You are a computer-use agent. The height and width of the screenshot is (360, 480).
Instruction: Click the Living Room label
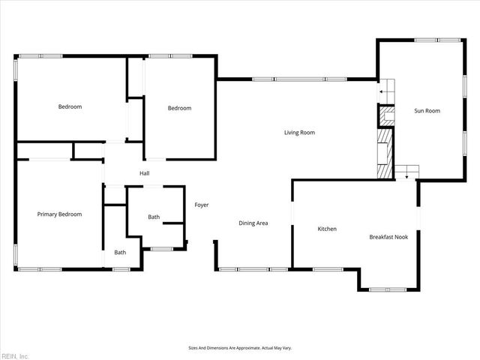(299, 133)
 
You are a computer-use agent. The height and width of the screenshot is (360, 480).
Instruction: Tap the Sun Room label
(427, 111)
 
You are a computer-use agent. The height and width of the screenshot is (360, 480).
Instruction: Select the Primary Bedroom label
(59, 214)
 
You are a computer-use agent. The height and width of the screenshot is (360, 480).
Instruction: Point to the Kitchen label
(327, 229)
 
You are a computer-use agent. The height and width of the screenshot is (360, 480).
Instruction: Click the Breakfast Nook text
(388, 237)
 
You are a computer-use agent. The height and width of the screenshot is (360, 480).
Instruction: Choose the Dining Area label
(253, 223)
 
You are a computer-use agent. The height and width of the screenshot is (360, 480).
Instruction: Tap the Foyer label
(202, 205)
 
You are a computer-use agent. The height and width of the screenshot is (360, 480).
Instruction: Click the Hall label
(145, 174)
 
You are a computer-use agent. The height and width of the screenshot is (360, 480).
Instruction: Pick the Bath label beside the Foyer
(154, 217)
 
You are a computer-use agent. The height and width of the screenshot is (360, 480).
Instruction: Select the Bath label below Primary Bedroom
(120, 252)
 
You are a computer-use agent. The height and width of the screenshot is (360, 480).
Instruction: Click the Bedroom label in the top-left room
(70, 106)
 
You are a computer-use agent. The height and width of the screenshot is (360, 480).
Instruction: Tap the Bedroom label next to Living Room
(179, 108)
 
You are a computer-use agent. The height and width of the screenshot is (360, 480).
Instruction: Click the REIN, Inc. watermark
(15, 355)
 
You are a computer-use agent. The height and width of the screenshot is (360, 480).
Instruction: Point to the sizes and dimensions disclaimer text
(239, 348)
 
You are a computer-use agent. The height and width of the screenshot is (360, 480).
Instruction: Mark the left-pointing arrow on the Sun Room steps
(382, 91)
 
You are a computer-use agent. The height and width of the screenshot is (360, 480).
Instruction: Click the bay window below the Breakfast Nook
(388, 289)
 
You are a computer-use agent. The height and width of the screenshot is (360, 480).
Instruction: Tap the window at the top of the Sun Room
(448, 40)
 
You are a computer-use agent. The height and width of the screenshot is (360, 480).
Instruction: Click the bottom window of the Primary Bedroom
(40, 269)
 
